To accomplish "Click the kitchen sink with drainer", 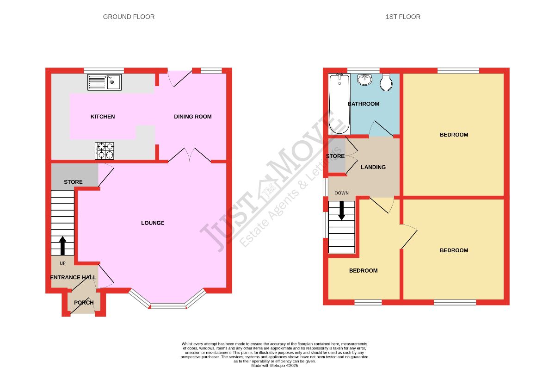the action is (105, 82).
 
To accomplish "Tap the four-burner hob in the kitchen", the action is (105, 150).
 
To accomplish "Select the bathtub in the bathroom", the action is (339, 104).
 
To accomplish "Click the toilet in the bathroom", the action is (386, 82).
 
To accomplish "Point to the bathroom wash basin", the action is (365, 79).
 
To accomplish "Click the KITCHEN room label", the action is (103, 117).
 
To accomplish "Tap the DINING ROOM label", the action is (193, 117).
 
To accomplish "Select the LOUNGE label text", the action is (153, 223).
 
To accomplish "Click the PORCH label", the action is (84, 303).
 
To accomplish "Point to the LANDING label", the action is (373, 167).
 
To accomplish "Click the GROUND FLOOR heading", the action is (129, 17).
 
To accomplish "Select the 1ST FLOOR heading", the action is (403, 17).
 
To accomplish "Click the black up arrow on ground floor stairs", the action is (63, 245).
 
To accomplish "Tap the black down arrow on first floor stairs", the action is (342, 211).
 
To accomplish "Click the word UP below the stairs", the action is (63, 263).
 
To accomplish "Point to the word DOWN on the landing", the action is (341, 193).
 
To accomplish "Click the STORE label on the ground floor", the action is (74, 182).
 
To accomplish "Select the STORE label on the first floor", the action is (335, 156).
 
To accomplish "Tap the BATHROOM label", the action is (363, 104).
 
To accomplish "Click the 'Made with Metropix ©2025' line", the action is (275, 366).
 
